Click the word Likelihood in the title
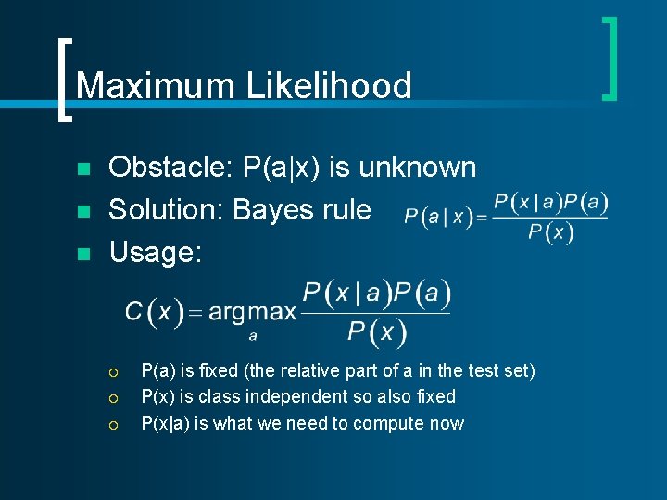pos(328,86)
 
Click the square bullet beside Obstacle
pos(83,169)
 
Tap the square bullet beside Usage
pos(83,253)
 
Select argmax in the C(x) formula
pos(252,312)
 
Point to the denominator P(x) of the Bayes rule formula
pos(550,232)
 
